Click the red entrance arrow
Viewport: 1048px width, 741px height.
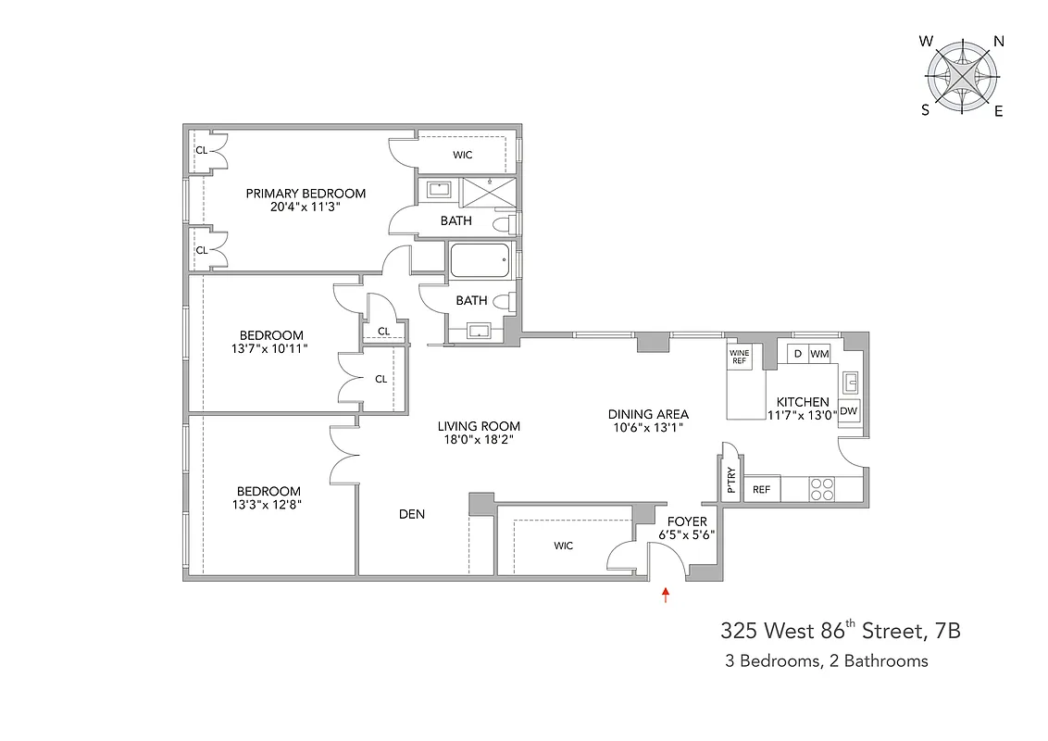point(665,595)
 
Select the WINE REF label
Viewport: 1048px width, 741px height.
point(739,357)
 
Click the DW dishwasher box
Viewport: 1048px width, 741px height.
point(848,411)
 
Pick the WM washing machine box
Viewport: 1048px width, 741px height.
point(819,354)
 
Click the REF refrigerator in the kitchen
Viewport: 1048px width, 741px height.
point(762,489)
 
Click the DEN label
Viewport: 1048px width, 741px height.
point(412,513)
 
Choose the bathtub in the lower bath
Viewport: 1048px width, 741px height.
point(479,260)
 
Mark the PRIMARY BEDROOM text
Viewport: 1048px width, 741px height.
point(306,194)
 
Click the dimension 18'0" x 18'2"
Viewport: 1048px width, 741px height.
point(479,440)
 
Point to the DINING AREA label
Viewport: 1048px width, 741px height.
point(648,414)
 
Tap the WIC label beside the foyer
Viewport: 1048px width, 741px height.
point(564,546)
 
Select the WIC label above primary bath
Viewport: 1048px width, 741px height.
point(463,155)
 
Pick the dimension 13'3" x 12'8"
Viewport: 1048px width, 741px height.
point(268,505)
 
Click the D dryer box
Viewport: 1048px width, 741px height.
point(797,354)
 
